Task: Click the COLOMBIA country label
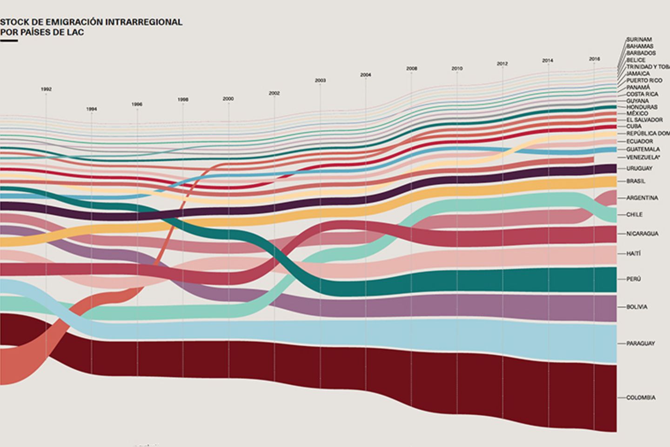point(641,398)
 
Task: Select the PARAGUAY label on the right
point(640,343)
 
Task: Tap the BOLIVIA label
point(636,307)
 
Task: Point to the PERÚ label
point(633,279)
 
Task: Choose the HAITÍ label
point(633,253)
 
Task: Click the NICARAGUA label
point(642,233)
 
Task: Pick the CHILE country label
point(634,215)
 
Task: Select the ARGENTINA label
point(642,198)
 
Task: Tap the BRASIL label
point(636,181)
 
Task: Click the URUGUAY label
point(639,168)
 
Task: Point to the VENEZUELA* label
point(643,157)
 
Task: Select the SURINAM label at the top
point(639,40)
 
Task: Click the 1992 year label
point(46,89)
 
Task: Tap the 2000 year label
point(228,99)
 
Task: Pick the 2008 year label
point(411,68)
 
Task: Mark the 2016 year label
point(594,59)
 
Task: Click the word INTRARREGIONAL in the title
point(144,22)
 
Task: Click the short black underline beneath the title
point(9,41)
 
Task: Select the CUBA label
point(634,126)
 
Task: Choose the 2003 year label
point(320,81)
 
